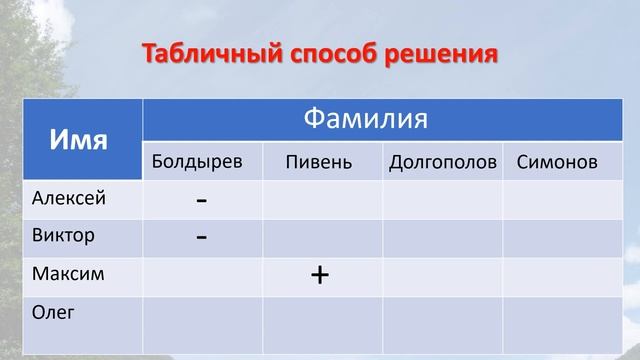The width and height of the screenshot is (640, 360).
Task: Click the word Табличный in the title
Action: point(201,52)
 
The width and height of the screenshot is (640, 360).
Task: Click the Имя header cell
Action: point(79,139)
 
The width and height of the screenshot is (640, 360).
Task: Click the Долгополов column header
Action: point(443,162)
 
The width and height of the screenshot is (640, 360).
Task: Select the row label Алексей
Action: point(69,198)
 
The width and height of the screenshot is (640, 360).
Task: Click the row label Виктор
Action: point(64,236)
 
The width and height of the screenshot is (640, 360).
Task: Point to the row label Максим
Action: point(68,273)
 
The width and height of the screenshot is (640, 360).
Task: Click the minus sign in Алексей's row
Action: point(202,200)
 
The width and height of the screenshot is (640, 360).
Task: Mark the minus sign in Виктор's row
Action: point(202,237)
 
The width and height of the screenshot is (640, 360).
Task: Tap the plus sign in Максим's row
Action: point(320,274)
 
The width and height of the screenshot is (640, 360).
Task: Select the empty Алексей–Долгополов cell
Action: point(442,199)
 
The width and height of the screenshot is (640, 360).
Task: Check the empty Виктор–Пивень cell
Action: point(322,237)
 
